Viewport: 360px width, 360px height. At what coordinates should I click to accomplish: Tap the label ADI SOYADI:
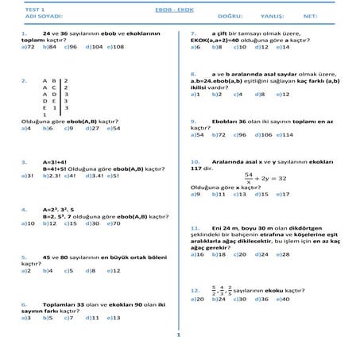tap(41, 15)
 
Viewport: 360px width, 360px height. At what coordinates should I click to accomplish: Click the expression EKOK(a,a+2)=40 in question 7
tap(216, 40)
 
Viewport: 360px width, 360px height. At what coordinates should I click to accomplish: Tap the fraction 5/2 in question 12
tap(212, 289)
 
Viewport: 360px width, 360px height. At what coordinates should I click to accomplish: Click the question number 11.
tap(195, 228)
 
